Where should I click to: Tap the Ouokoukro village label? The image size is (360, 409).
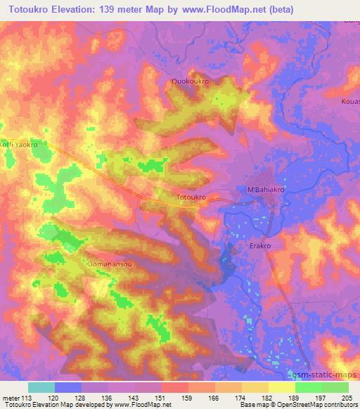(x=191, y=82)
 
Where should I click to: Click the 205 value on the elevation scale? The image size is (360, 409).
(x=347, y=397)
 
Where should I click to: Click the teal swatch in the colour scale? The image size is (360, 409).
(x=41, y=387)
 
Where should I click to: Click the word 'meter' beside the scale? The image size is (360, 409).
(x=13, y=397)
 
